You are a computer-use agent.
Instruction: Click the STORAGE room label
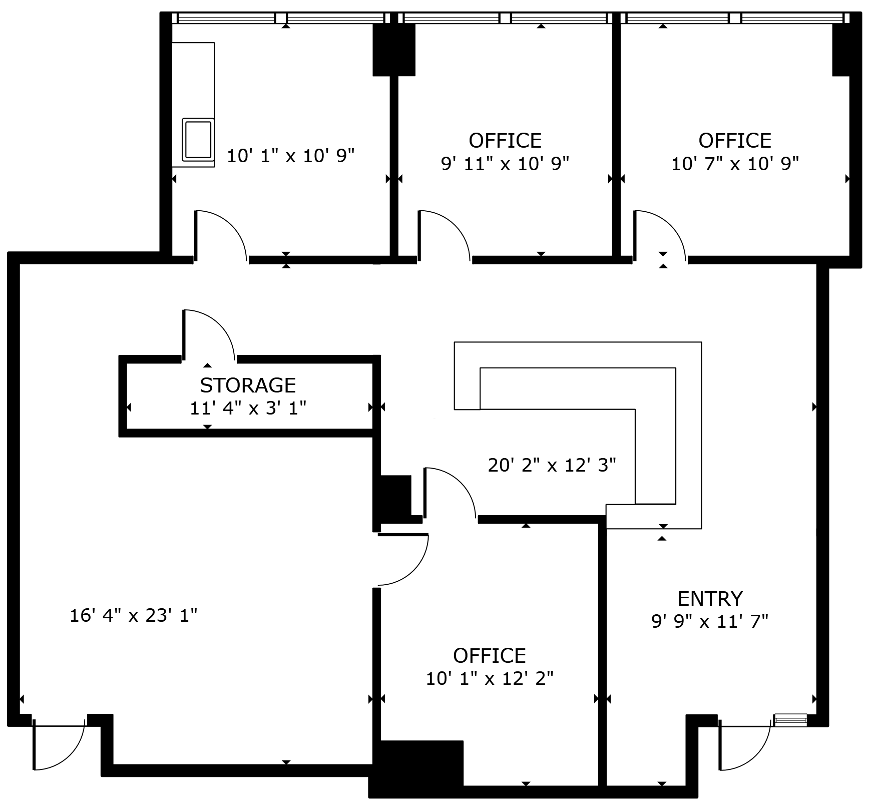click(248, 385)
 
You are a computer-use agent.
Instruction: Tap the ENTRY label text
click(710, 599)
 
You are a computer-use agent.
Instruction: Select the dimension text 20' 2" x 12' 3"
click(552, 465)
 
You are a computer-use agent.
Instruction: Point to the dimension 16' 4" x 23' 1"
click(133, 615)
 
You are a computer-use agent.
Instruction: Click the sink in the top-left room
click(198, 140)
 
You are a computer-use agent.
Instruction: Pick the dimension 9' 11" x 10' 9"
click(505, 164)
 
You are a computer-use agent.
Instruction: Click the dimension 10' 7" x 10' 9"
click(734, 164)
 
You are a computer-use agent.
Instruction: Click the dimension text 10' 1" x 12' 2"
click(490, 679)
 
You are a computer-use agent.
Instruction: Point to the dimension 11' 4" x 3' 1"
click(248, 409)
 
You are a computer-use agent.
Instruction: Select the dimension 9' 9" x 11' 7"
click(710, 622)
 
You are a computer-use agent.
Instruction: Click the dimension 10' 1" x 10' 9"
click(290, 156)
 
